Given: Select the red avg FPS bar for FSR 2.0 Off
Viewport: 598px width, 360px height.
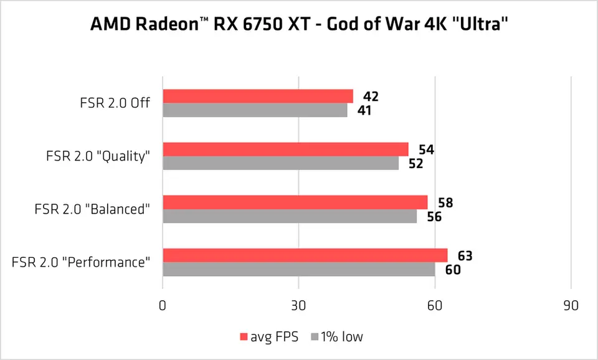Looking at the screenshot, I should [x=257, y=96].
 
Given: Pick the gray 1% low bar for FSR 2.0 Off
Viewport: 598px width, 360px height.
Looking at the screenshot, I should [x=255, y=110].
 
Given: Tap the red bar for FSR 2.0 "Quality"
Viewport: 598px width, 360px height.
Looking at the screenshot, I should [x=285, y=149].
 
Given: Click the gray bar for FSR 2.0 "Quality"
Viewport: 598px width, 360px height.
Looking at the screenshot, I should [x=280, y=163].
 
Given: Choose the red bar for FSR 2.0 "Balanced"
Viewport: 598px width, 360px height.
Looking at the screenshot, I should [x=295, y=202].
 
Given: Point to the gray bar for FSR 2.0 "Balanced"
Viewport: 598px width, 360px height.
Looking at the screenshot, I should [x=290, y=216].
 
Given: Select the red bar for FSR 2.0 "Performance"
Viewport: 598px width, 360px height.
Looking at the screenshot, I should [x=305, y=255].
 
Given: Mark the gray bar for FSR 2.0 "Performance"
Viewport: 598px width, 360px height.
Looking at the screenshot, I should [x=298, y=269].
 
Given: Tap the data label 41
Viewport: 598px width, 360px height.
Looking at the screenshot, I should [x=366, y=110].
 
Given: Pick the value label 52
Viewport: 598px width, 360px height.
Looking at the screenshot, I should [x=416, y=163].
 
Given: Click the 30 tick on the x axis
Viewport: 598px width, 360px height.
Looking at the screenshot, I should [x=299, y=306].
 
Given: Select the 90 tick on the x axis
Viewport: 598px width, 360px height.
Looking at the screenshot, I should [x=571, y=306].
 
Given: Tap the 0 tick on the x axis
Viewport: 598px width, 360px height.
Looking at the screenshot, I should [x=163, y=306].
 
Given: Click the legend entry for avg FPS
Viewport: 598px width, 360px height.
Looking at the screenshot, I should [x=268, y=337].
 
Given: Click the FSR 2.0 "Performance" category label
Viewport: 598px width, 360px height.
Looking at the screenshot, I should [x=81, y=262].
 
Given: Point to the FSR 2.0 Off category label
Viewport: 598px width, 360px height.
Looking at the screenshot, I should [x=111, y=103].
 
